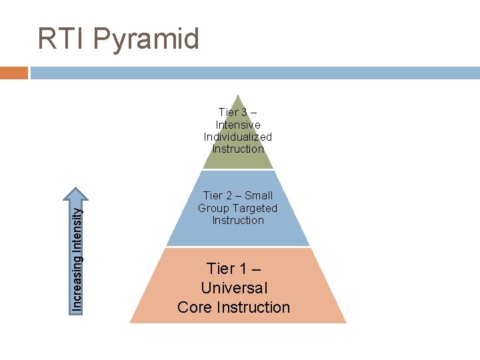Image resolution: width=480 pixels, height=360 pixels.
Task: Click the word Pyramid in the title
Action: pos(147,39)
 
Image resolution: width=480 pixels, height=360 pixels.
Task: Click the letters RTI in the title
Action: pos(62,39)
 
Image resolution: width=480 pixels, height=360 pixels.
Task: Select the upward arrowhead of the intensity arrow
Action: pos(78,195)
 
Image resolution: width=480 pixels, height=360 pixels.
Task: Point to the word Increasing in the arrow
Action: pos(78,279)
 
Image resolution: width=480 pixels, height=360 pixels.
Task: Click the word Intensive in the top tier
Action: pos(238,125)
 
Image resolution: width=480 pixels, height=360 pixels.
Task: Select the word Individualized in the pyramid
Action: pos(238,137)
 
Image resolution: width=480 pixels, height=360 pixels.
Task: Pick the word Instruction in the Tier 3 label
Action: pos(238,149)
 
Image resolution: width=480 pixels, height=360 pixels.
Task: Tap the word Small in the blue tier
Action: pos(259,195)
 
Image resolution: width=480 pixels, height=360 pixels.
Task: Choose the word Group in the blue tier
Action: pos(213,208)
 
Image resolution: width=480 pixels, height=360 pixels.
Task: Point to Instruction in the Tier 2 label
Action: pos(238,220)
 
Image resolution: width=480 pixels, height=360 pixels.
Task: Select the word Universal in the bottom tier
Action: pos(234,288)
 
